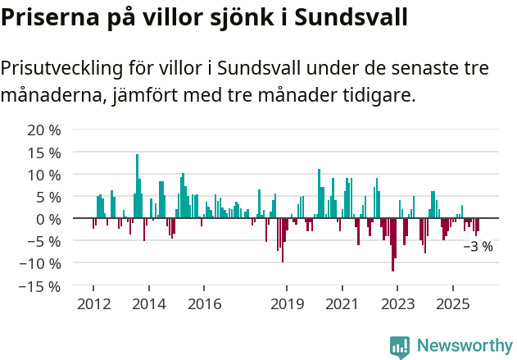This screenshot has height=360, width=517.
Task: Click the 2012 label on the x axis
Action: pyautogui.click(x=93, y=304)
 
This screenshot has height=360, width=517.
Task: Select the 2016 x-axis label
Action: pyautogui.click(x=204, y=304)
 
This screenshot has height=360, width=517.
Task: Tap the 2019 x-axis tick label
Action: pyautogui.click(x=287, y=304)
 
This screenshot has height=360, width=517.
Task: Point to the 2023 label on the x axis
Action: pyautogui.click(x=397, y=304)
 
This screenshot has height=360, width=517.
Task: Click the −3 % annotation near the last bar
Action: pyautogui.click(x=478, y=246)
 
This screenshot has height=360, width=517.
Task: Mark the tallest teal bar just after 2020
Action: pyautogui.click(x=319, y=194)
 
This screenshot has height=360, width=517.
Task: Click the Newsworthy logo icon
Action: pyautogui.click(x=400, y=346)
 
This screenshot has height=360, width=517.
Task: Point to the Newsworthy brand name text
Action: pyautogui.click(x=464, y=346)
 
